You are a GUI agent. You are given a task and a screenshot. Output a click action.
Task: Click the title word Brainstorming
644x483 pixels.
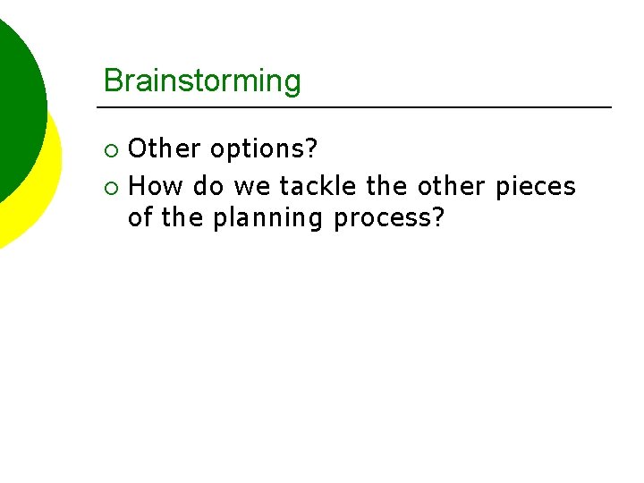[x=202, y=81]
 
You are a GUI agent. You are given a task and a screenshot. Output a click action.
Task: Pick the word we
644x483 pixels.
[x=252, y=186]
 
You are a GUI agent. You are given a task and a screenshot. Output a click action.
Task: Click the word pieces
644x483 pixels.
[x=536, y=186]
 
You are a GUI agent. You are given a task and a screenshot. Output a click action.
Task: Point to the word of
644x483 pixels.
[x=140, y=217]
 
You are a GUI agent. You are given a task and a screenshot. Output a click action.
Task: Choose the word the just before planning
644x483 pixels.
[x=182, y=217]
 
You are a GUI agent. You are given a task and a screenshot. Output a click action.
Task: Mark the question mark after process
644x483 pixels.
[x=437, y=217]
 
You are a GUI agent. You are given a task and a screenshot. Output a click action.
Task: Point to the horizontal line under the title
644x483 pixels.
[x=358, y=107]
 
